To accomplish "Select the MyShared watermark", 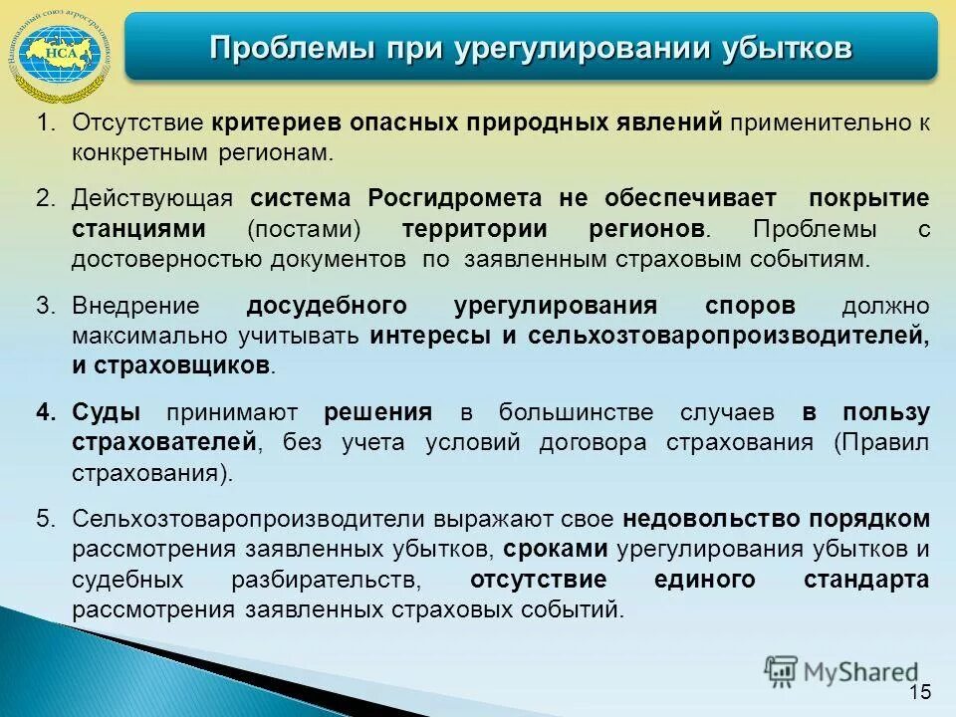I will point(841,670).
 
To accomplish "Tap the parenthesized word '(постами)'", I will point(304,229).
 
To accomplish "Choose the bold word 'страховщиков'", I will point(183,365).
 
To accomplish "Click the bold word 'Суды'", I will point(106,413).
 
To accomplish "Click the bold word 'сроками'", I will point(557,549).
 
